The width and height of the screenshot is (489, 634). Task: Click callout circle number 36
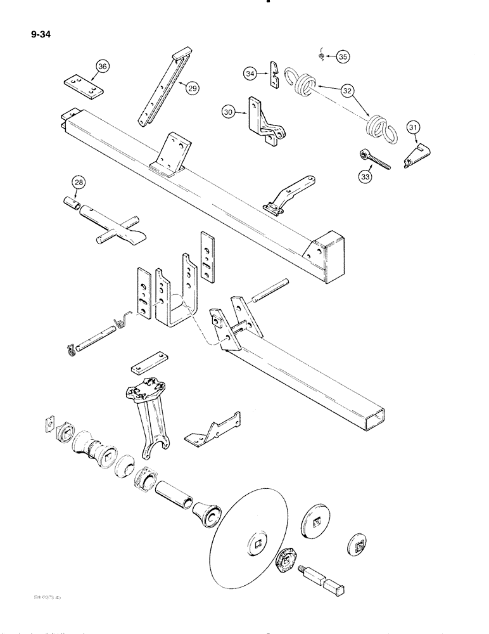tap(103, 65)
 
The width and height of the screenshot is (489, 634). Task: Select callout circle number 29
tap(191, 88)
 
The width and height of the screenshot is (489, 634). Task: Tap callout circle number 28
tap(79, 184)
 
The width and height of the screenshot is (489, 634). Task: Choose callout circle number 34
tap(251, 74)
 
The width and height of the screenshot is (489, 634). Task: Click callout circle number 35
tap(343, 57)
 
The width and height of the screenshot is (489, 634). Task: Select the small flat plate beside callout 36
tap(83, 87)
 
